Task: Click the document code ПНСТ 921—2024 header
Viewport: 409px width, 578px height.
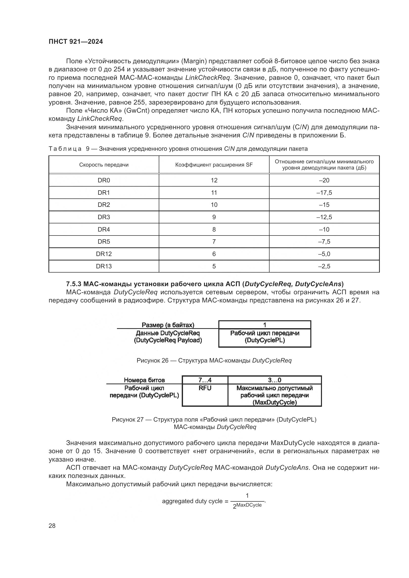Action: [x=76, y=42]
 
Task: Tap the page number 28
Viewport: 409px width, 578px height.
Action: [x=52, y=526]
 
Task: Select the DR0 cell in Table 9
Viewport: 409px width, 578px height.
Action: [x=104, y=180]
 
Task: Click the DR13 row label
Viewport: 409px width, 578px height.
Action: [x=104, y=266]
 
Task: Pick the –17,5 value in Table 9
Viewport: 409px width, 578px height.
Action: [x=324, y=193]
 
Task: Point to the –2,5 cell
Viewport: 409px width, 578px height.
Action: [x=324, y=266]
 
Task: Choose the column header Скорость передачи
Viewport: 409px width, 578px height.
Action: [x=104, y=165]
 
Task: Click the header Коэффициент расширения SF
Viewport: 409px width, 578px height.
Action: [x=214, y=165]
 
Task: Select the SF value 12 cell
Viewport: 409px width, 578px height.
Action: [x=214, y=180]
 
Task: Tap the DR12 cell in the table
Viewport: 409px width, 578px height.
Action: [x=104, y=254]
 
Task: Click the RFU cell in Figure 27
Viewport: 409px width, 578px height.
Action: [x=205, y=388]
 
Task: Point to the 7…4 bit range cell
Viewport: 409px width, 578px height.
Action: [x=205, y=380]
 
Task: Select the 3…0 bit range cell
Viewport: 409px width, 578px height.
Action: [x=274, y=380]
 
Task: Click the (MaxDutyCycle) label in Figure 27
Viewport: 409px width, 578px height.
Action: [x=274, y=402]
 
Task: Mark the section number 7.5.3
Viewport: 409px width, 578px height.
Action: [x=73, y=284]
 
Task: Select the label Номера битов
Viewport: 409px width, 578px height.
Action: [x=144, y=380]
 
